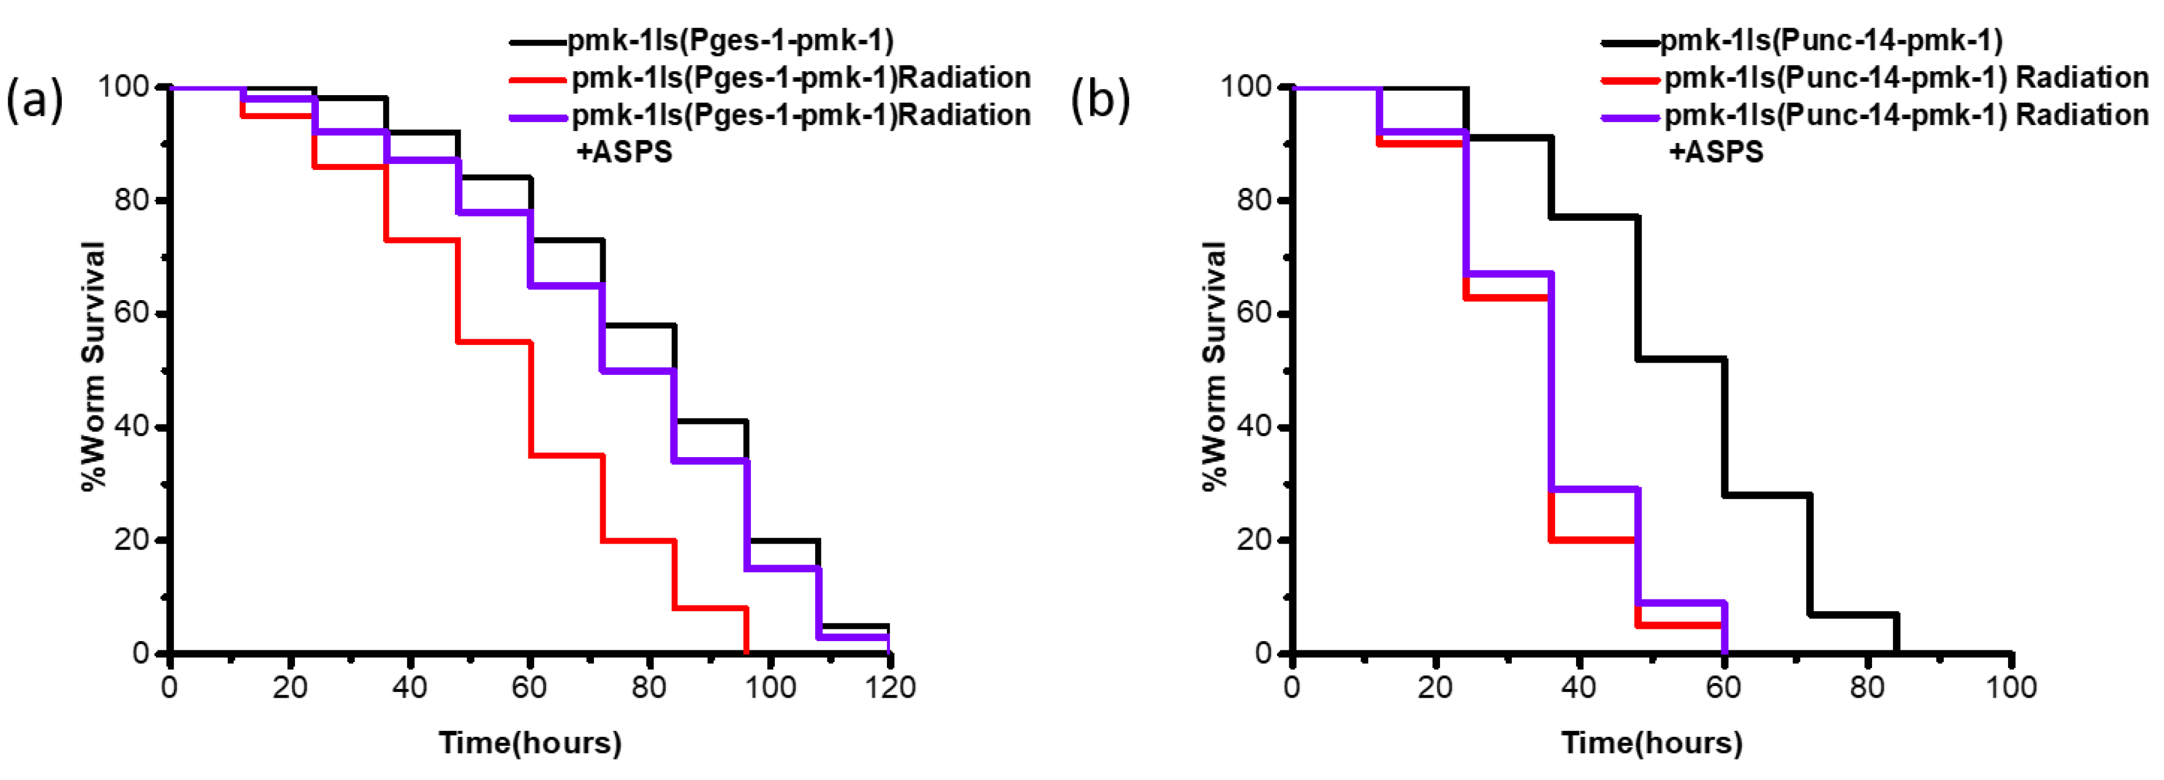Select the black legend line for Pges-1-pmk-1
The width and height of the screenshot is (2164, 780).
click(538, 40)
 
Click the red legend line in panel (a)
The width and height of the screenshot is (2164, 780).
click(538, 79)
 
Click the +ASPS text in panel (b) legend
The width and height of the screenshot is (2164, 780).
click(1716, 152)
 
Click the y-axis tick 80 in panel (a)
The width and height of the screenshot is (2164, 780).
click(132, 201)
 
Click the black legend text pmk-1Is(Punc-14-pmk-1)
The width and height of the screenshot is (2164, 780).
click(1831, 40)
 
